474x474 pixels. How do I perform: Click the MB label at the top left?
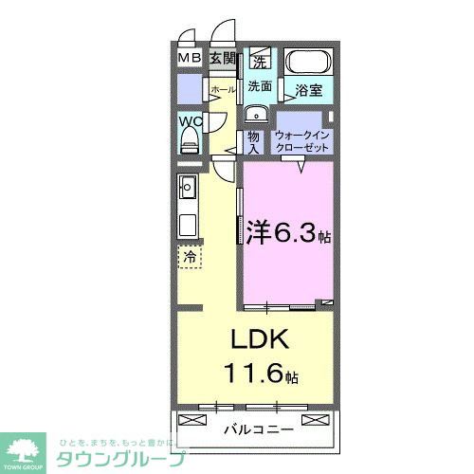click(x=189, y=59)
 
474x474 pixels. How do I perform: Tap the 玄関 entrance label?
click(x=222, y=59)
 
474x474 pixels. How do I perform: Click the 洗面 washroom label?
click(x=260, y=86)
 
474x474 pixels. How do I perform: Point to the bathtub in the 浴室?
click(x=307, y=64)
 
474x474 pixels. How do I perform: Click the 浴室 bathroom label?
click(x=308, y=92)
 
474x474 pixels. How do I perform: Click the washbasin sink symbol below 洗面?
click(x=254, y=115)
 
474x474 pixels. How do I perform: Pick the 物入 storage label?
click(x=253, y=141)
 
